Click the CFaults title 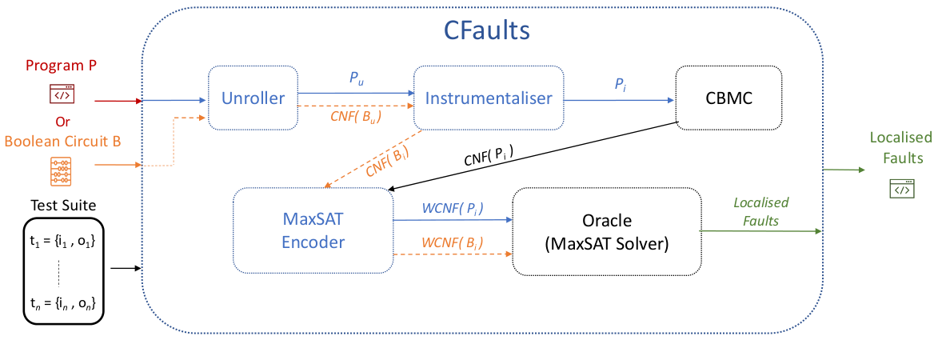tap(487, 31)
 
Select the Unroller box tap(253, 98)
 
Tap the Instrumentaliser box tap(489, 98)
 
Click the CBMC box tap(728, 98)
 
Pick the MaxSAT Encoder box tap(313, 230)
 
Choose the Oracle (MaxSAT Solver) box tap(606, 230)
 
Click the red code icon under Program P tap(62, 94)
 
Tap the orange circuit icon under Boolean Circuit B tap(62, 172)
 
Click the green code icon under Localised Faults tap(901, 190)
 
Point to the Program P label tap(62, 65)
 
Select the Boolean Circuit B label tap(62, 141)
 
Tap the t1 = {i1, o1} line tap(62, 240)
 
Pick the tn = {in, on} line tap(62, 305)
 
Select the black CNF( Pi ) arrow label tap(489, 158)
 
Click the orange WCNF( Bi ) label tap(453, 242)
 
